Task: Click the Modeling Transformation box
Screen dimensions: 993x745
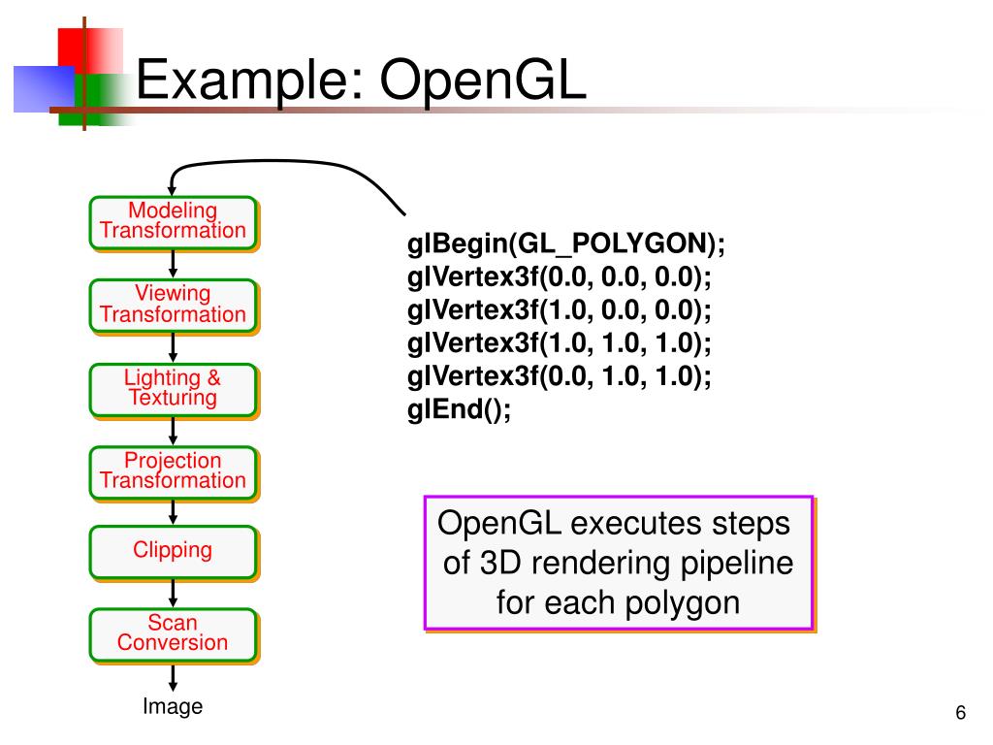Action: (174, 223)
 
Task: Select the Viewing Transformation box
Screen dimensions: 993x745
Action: (174, 306)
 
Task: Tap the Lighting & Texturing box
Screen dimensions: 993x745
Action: (174, 390)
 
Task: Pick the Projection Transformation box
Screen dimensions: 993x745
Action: (174, 472)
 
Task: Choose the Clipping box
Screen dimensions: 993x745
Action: (174, 552)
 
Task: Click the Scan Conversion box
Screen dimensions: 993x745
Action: (174, 634)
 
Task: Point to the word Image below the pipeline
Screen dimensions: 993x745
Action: (173, 706)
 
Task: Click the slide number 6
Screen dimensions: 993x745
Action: (961, 713)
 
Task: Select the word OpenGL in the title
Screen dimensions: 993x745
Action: (483, 80)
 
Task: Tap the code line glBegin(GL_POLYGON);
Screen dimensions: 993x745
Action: (565, 243)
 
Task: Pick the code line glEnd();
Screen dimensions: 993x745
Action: (459, 409)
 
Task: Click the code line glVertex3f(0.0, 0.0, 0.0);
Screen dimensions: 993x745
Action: (560, 277)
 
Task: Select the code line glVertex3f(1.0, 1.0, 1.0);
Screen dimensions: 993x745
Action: (560, 343)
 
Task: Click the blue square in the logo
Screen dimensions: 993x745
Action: (44, 88)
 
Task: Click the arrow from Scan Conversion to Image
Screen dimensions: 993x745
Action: (173, 677)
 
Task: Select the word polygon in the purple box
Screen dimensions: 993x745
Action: (682, 603)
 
